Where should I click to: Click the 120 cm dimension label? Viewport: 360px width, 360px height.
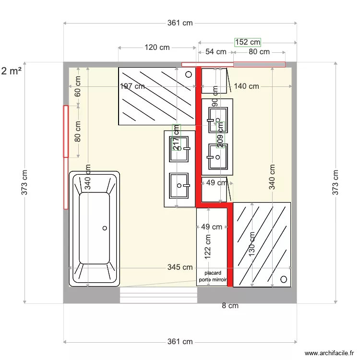(157, 48)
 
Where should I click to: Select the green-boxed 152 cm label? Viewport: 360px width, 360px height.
(247, 42)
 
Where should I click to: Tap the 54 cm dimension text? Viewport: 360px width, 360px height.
(216, 52)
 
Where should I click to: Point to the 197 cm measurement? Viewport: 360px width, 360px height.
(132, 86)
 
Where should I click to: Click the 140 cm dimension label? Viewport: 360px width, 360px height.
(247, 86)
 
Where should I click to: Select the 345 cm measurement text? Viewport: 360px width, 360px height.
(180, 267)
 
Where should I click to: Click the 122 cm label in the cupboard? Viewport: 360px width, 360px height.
(208, 246)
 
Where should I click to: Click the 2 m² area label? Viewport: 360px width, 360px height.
(11, 72)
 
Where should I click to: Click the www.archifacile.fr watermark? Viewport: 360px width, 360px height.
(329, 353)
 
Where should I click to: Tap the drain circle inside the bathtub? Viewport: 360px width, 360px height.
(104, 228)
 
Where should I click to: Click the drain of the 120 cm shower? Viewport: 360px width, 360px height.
(189, 74)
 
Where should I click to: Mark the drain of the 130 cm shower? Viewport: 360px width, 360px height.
(284, 279)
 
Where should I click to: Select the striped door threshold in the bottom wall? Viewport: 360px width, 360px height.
(158, 296)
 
